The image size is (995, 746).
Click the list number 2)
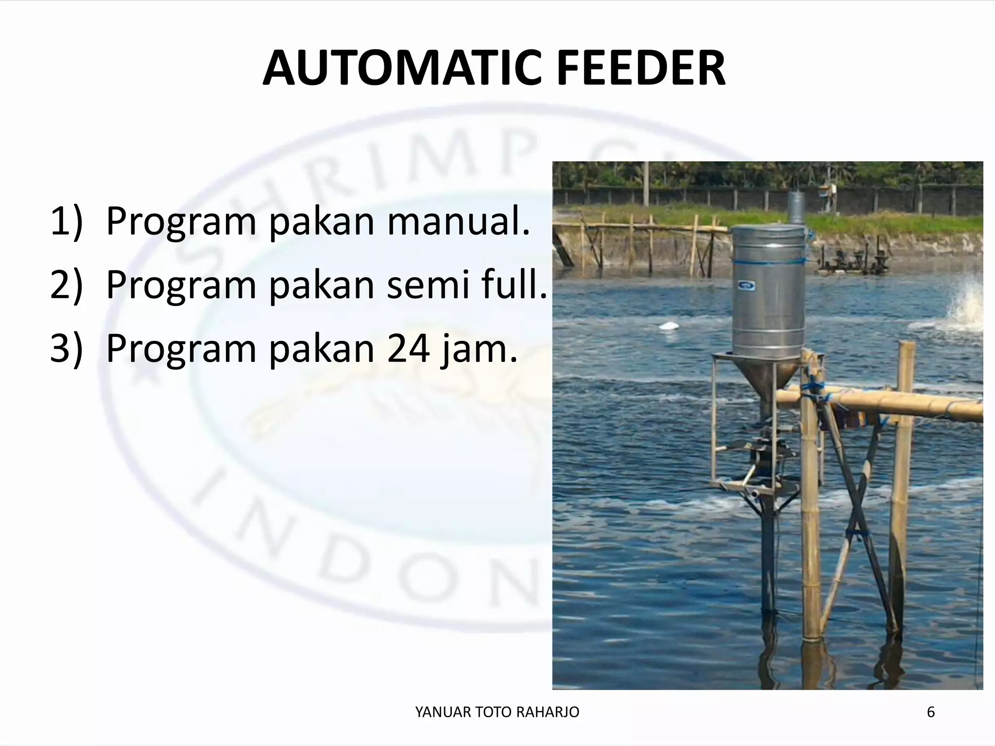point(67,285)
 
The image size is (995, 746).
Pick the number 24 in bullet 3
point(408,348)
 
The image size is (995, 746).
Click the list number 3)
point(67,348)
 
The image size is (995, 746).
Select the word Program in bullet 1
point(181,222)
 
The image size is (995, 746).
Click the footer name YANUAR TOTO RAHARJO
point(497,712)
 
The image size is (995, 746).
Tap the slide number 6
point(931,712)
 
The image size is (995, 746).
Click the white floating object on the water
point(672,326)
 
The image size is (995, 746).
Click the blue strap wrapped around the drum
point(768,262)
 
